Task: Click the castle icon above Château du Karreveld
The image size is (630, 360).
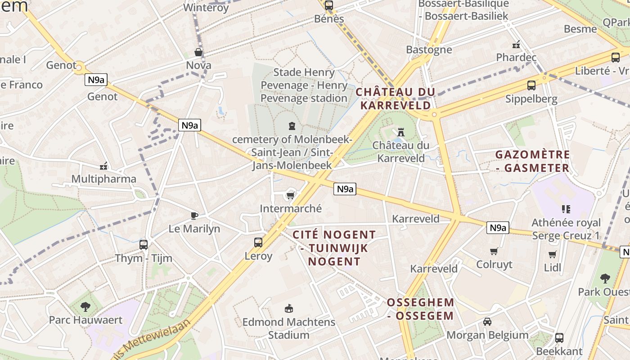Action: [x=400, y=132]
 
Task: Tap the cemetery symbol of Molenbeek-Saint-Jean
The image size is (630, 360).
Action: [x=292, y=126]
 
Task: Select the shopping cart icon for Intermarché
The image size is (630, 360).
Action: [x=290, y=195]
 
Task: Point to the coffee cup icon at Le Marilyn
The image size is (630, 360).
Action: [x=194, y=215]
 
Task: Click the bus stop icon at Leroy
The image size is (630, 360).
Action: [x=258, y=243]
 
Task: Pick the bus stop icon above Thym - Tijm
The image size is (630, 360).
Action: [x=144, y=244]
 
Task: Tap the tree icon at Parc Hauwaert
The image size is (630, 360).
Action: [x=85, y=307]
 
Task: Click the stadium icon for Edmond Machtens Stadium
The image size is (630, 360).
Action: [x=288, y=309]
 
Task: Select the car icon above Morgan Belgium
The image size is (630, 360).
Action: [x=487, y=322]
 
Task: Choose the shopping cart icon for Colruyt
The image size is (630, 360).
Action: [x=494, y=251]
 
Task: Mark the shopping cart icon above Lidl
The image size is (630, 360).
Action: [x=553, y=254]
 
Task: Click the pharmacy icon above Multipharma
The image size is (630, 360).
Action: [x=104, y=166]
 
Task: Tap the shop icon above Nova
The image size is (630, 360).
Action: [x=198, y=52]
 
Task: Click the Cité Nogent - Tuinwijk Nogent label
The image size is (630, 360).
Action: [x=334, y=248]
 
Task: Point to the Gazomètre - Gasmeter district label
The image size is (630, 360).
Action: [x=532, y=162]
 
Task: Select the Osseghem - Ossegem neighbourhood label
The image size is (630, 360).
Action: [x=420, y=309]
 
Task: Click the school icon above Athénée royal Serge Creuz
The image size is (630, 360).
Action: [x=566, y=209]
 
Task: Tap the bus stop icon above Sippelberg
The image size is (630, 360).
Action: [x=531, y=85]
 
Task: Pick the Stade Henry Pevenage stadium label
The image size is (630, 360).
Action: [x=304, y=85]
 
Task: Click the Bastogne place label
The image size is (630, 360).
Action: [x=429, y=49]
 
